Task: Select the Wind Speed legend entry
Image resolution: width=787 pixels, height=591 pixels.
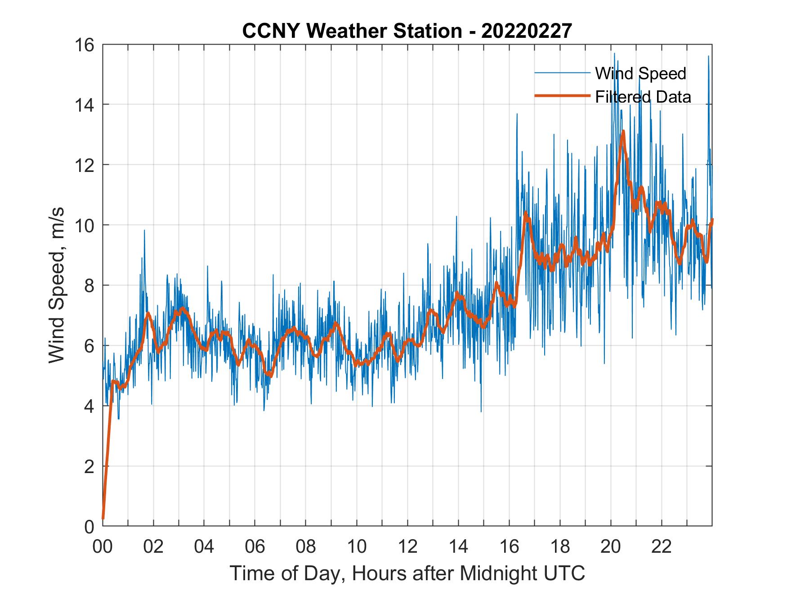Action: (640, 73)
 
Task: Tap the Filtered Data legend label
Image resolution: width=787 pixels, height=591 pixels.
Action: (643, 97)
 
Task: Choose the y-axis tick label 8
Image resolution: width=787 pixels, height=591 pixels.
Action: (89, 285)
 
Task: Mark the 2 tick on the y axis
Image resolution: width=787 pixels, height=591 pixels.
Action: (89, 466)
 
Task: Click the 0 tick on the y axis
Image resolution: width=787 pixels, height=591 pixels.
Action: (89, 526)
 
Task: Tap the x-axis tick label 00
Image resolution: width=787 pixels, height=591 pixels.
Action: (103, 547)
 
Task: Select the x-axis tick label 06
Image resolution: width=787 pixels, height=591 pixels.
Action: (255, 547)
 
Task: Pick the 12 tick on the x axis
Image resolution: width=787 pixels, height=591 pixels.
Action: (407, 547)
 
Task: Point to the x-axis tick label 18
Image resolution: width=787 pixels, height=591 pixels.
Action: (560, 547)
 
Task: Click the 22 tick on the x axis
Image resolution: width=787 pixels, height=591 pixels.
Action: (662, 547)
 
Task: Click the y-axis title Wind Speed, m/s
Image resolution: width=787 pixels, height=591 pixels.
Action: (57, 285)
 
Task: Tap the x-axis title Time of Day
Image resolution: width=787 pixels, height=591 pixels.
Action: (407, 573)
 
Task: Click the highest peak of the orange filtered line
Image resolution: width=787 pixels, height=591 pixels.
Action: (623, 131)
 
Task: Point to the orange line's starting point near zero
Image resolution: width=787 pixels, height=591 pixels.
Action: (103, 519)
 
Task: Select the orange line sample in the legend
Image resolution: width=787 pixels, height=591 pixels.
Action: (562, 96)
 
